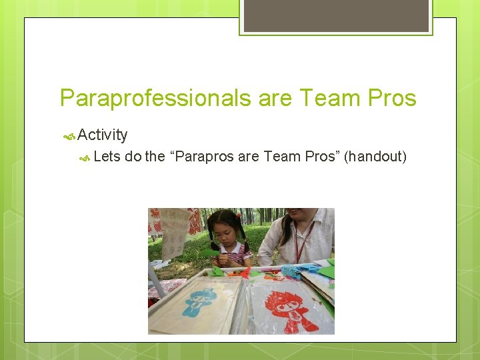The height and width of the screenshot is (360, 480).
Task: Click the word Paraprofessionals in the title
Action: click(x=155, y=98)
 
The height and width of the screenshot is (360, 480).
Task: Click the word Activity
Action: click(x=102, y=135)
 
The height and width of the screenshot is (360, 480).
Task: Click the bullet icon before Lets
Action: click(x=85, y=158)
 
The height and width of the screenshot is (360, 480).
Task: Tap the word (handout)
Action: click(x=375, y=157)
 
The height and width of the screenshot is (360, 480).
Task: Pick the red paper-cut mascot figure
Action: click(x=289, y=303)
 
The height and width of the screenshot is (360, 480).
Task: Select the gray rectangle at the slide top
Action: click(x=336, y=15)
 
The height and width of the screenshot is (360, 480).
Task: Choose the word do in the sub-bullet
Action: click(x=133, y=157)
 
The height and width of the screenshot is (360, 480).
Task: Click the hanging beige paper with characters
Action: click(x=175, y=230)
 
